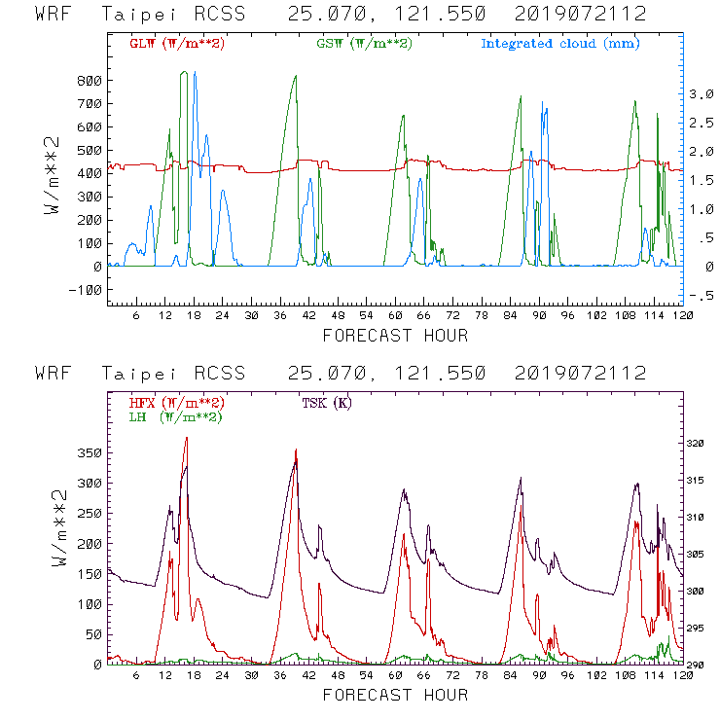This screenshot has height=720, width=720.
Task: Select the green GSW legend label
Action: (365, 43)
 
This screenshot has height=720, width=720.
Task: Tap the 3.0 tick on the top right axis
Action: (674, 93)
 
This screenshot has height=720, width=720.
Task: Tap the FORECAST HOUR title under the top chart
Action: (395, 336)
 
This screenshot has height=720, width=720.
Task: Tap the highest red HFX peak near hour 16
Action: (186, 438)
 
